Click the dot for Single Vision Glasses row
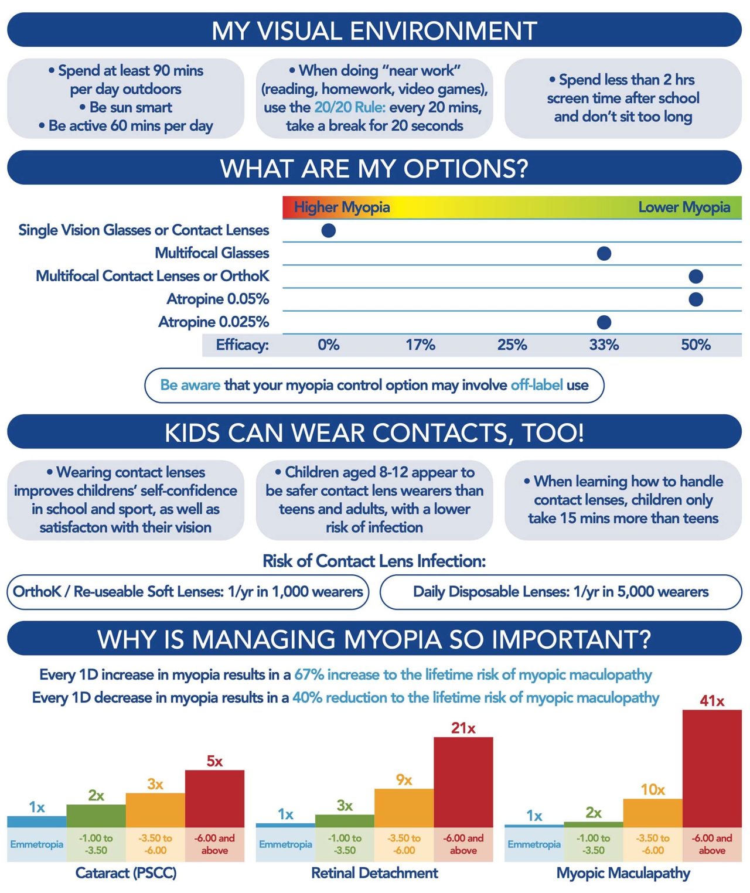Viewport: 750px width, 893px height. (329, 230)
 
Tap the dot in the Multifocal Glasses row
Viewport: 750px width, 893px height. (604, 253)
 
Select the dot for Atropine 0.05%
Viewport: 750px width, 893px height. (696, 299)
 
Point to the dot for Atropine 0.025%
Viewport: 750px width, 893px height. (604, 322)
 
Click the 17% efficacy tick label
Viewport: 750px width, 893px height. (420, 345)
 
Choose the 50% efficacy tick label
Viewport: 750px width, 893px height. (696, 345)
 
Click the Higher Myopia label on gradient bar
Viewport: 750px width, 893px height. (342, 207)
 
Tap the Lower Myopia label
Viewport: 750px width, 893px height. (684, 207)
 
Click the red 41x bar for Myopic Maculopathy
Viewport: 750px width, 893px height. (712, 768)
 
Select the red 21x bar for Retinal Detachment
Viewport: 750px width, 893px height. (463, 782)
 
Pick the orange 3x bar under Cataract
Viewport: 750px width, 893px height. (155, 810)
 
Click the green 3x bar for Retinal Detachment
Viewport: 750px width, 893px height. (345, 820)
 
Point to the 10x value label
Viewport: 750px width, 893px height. (652, 790)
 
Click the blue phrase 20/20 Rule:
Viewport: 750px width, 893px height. (350, 107)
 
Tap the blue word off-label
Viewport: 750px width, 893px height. (537, 385)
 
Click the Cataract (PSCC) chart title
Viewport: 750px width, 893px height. (126, 873)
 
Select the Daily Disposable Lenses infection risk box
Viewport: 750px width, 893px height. (561, 592)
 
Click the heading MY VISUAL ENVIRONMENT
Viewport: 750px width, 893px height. (374, 30)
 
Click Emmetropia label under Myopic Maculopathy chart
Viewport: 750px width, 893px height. (534, 844)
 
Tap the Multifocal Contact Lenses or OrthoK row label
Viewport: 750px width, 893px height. (152, 276)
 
